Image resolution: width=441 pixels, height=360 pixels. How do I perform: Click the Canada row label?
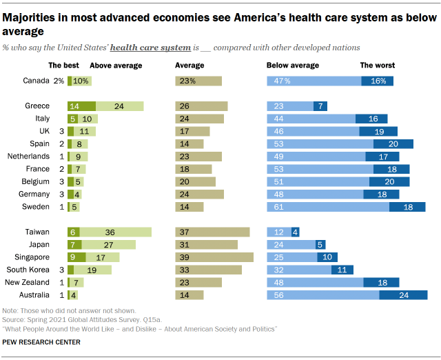click(36, 81)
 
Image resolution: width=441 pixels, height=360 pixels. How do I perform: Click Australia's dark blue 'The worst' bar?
click(403, 295)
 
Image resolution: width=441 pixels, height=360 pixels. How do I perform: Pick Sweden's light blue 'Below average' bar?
click(328, 207)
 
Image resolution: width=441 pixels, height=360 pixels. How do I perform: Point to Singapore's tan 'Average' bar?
click(214, 257)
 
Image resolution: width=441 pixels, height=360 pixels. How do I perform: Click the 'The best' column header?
click(63, 66)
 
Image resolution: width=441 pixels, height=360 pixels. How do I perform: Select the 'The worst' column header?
click(378, 66)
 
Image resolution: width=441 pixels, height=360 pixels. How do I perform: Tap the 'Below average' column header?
click(293, 66)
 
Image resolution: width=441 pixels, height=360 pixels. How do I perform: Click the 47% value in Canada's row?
click(283, 81)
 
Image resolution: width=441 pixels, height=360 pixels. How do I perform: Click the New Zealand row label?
click(28, 282)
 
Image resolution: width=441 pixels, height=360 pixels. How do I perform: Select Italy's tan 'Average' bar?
click(200, 119)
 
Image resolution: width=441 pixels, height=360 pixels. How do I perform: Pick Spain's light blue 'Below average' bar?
click(320, 143)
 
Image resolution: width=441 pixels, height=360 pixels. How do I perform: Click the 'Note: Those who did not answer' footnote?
click(69, 311)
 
